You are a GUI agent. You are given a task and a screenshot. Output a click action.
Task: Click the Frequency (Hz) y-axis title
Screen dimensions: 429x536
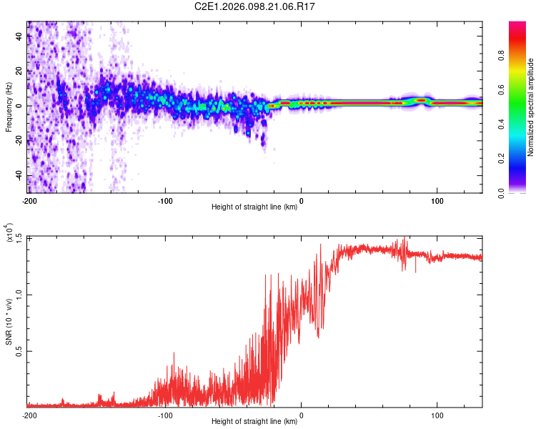9,107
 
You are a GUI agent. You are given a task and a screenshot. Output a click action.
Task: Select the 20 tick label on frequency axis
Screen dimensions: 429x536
19,71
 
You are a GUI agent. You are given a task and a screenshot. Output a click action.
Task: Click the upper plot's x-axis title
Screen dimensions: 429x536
255,207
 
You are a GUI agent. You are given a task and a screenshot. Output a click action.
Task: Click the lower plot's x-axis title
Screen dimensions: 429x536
255,422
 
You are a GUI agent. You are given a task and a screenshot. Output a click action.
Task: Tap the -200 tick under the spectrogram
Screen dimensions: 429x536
29,201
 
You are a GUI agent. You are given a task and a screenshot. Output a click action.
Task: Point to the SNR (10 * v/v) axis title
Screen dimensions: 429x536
9,321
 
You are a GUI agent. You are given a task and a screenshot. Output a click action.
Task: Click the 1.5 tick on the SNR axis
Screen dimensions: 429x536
19,237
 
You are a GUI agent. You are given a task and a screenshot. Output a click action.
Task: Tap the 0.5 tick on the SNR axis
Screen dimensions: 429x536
19,351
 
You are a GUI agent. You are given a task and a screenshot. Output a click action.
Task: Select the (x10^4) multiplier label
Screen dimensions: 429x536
9,232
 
